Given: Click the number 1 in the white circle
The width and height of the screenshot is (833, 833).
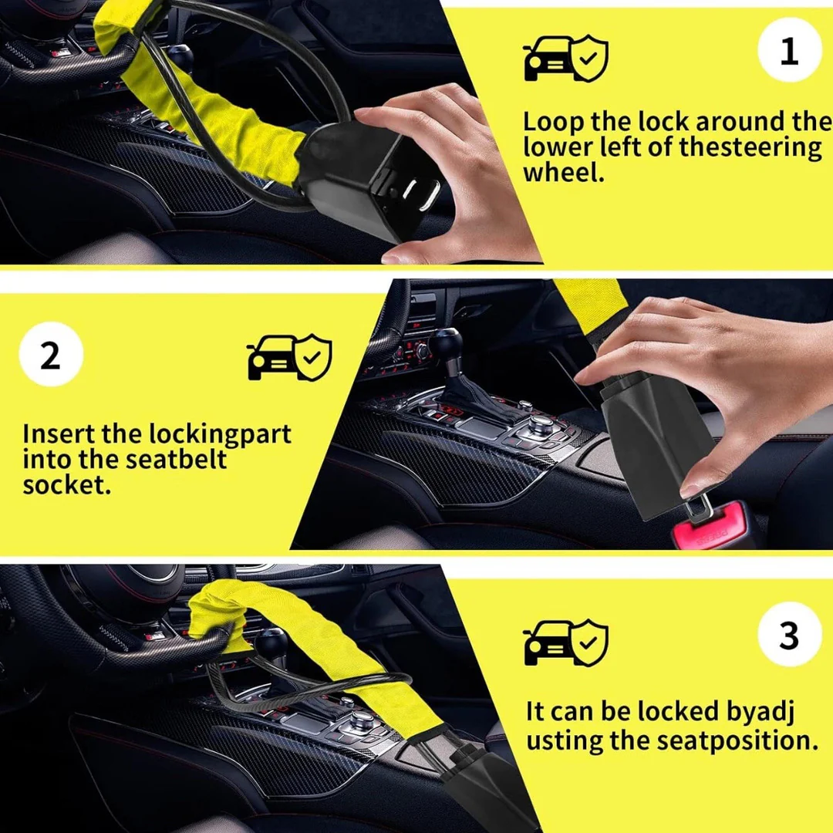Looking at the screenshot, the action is (x=789, y=51).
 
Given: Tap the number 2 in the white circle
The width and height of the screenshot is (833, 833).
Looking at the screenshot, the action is (x=50, y=356).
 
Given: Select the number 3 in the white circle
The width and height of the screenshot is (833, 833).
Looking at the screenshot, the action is (x=790, y=636).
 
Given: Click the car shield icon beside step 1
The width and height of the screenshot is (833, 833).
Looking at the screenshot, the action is (x=565, y=58).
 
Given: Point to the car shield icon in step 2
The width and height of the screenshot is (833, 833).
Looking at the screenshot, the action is (x=289, y=357).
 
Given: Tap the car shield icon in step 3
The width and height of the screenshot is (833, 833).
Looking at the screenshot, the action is (x=565, y=642).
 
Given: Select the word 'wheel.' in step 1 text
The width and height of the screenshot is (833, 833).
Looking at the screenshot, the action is (x=564, y=173).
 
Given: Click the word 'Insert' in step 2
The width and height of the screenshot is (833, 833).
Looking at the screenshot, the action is (x=59, y=434).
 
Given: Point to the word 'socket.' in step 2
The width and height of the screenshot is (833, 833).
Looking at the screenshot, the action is (x=67, y=485).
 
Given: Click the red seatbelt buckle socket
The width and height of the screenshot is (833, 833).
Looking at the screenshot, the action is (x=710, y=527).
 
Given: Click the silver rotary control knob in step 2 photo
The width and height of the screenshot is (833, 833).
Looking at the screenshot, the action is (x=540, y=423).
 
